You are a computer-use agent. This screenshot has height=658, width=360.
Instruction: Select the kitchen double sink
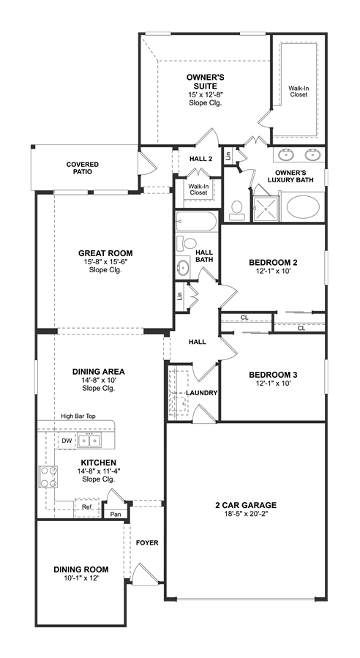coord(89,440)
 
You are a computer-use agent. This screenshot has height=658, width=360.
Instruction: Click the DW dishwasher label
coord(67,441)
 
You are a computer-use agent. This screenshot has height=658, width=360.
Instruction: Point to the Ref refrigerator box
coord(87,507)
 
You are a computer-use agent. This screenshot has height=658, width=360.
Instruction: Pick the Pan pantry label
coord(116,514)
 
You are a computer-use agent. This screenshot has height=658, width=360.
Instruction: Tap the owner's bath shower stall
coord(266,207)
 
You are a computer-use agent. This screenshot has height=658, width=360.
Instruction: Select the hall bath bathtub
coord(196,221)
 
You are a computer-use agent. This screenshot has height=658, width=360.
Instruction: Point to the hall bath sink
coord(183,266)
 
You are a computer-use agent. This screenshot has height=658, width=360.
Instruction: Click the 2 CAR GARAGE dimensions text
coord(246,513)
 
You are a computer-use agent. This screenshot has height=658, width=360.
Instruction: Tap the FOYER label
coord(147,542)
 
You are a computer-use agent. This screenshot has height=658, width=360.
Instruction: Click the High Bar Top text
coord(78,416)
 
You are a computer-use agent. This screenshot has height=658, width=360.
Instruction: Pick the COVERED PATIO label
coord(83,168)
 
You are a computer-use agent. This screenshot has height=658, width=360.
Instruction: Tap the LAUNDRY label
coord(202,393)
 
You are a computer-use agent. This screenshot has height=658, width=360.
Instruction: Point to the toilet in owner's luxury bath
coord(237,210)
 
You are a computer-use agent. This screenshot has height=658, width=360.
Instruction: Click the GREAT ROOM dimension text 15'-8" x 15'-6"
coord(105,262)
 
